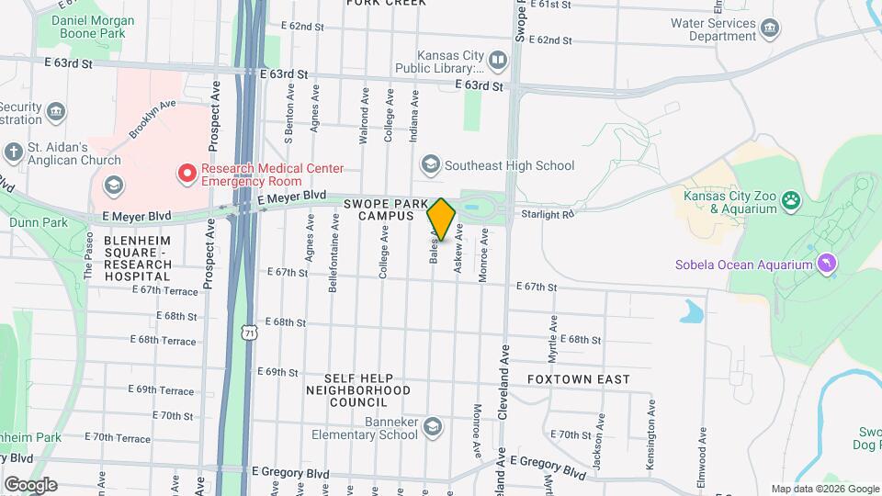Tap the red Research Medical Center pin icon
[x=187, y=172]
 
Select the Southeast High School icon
[x=429, y=165]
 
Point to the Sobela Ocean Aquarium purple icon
[x=828, y=265]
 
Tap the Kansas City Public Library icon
[x=498, y=61]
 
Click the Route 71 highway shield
[x=249, y=332]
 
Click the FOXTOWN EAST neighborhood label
[x=579, y=379]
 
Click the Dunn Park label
[x=39, y=222]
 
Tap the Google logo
[x=30, y=484]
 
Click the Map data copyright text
[x=824, y=489]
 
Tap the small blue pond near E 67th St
[x=691, y=311]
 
